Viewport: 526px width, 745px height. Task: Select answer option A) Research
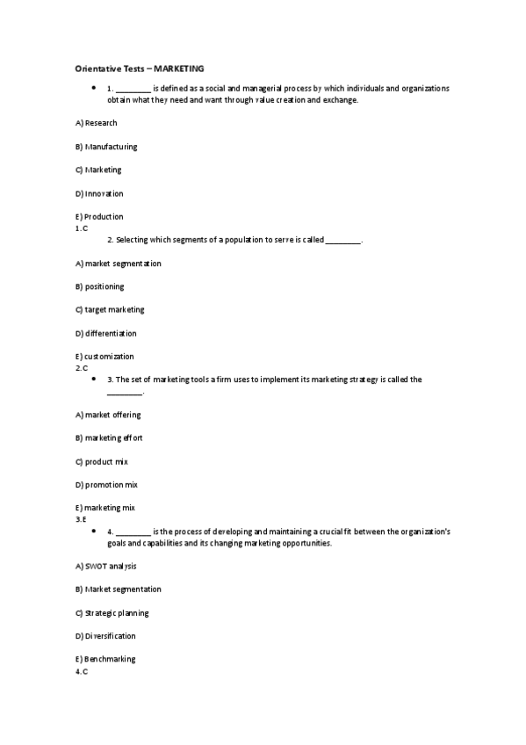[x=96, y=123]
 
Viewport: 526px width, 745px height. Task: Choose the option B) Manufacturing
[x=106, y=147]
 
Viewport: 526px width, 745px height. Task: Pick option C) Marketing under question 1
[x=98, y=170]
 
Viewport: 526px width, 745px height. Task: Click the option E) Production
[x=99, y=216]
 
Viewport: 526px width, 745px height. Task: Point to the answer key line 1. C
[x=82, y=228]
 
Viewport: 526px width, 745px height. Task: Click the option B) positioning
[x=99, y=286]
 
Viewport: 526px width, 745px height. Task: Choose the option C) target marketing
[x=110, y=310]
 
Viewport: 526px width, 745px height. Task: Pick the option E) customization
[x=104, y=357]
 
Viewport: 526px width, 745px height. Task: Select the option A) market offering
[x=108, y=415]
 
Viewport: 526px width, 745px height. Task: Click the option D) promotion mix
[x=106, y=485]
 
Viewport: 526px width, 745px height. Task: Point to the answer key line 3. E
[x=81, y=519]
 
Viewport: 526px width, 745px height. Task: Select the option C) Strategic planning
[x=112, y=612]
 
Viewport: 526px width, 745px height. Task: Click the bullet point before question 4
[x=93, y=531]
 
